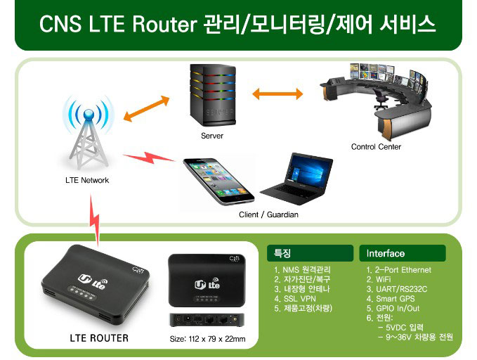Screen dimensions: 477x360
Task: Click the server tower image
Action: (212, 95)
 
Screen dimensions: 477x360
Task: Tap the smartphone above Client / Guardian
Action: (218, 181)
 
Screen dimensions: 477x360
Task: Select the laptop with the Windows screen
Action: (296, 179)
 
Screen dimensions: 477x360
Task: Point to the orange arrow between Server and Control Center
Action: (277, 94)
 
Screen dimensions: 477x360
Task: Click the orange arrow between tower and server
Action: (146, 108)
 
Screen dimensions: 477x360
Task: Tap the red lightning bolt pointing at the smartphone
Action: (149, 157)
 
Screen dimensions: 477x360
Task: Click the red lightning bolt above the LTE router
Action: (94, 221)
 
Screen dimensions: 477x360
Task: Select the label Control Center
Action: (376, 147)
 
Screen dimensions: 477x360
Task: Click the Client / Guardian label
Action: (268, 214)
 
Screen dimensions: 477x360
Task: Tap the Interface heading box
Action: (402, 253)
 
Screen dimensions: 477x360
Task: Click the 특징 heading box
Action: (310, 253)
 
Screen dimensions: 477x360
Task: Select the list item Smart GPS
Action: (391, 299)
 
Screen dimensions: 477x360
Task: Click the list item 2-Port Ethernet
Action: (399, 270)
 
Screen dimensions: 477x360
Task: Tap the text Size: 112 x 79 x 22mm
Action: (207, 339)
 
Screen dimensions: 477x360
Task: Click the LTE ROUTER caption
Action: (99, 338)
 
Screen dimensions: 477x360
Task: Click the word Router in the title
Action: (164, 24)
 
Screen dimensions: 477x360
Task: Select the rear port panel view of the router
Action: (207, 320)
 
